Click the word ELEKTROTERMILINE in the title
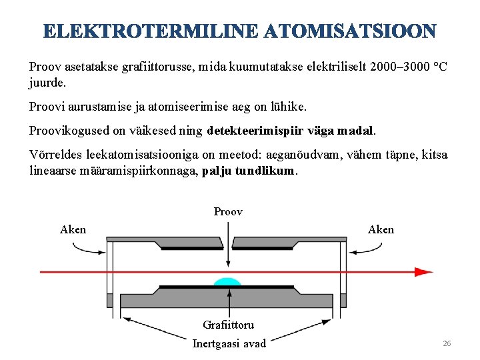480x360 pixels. (150, 31)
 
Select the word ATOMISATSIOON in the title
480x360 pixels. (350, 31)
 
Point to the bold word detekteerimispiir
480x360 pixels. (258, 129)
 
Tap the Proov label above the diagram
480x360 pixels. (228, 212)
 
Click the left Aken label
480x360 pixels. (73, 229)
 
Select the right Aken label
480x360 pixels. (381, 229)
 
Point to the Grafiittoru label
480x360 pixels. (228, 325)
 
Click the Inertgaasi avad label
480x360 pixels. (229, 343)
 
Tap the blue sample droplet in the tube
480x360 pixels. (227, 281)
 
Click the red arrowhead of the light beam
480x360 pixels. (423, 271)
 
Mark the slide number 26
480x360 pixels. (447, 343)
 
